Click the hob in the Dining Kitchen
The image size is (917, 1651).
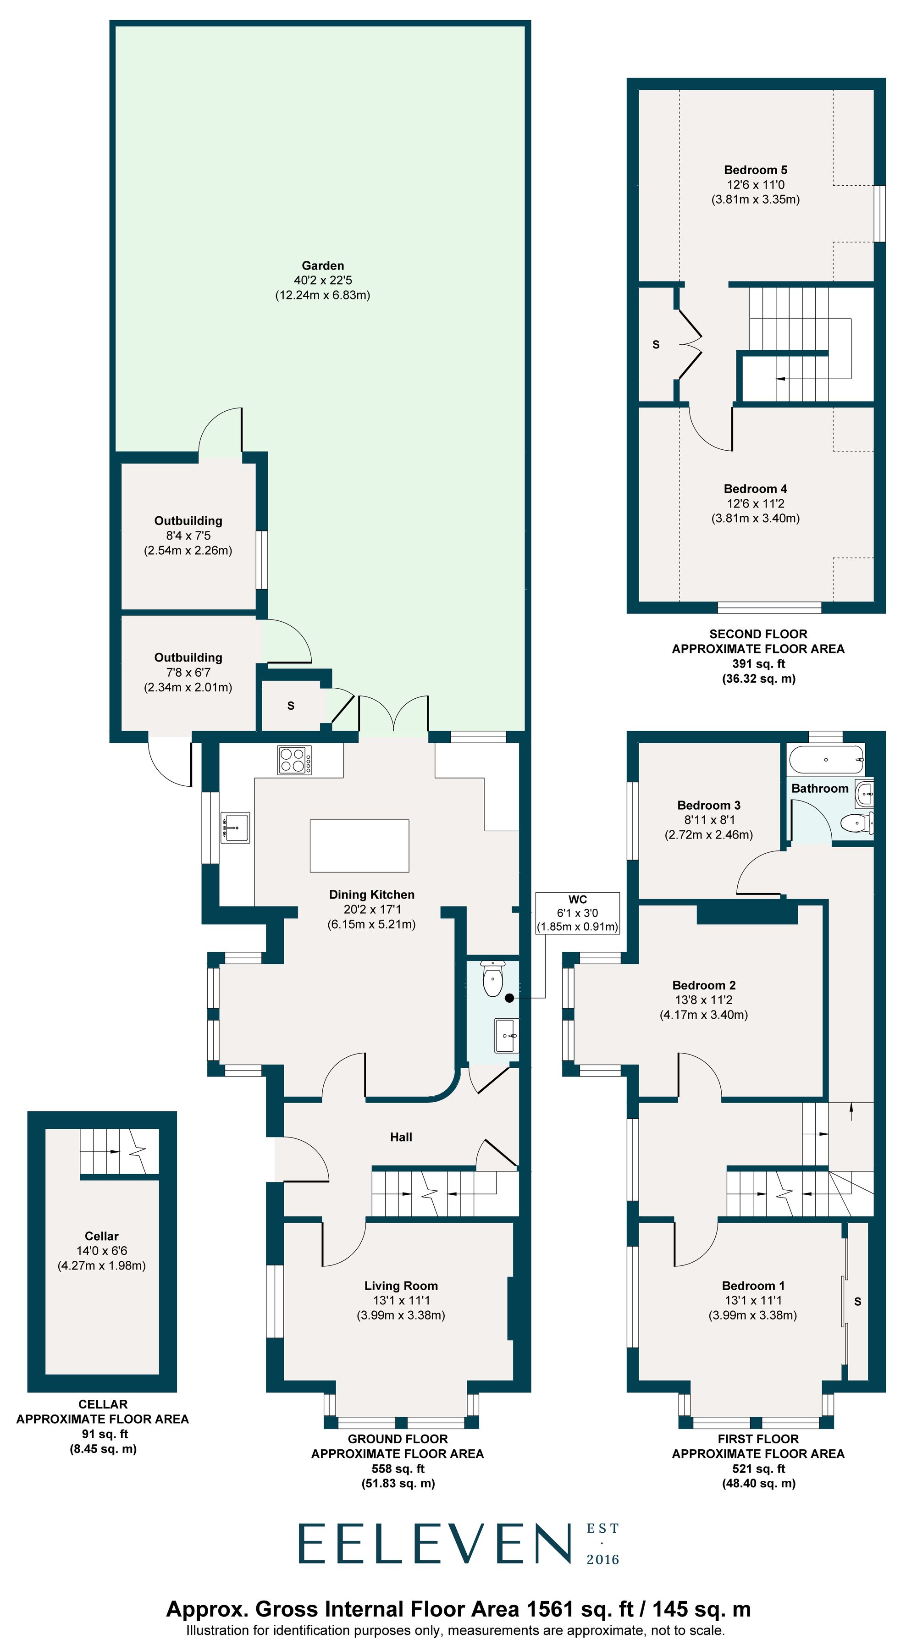[294, 760]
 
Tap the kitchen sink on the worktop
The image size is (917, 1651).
[235, 827]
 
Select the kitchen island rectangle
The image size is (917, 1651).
[359, 845]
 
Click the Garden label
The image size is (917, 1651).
[322, 265]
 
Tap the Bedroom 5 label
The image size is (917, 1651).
[755, 170]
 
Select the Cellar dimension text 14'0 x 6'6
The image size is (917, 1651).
[102, 1250]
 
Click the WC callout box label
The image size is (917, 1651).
[577, 899]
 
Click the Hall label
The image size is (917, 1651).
[401, 1137]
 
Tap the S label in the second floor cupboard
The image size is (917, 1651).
[656, 345]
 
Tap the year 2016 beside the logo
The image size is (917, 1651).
[602, 1560]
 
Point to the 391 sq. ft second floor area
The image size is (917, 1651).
[758, 664]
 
